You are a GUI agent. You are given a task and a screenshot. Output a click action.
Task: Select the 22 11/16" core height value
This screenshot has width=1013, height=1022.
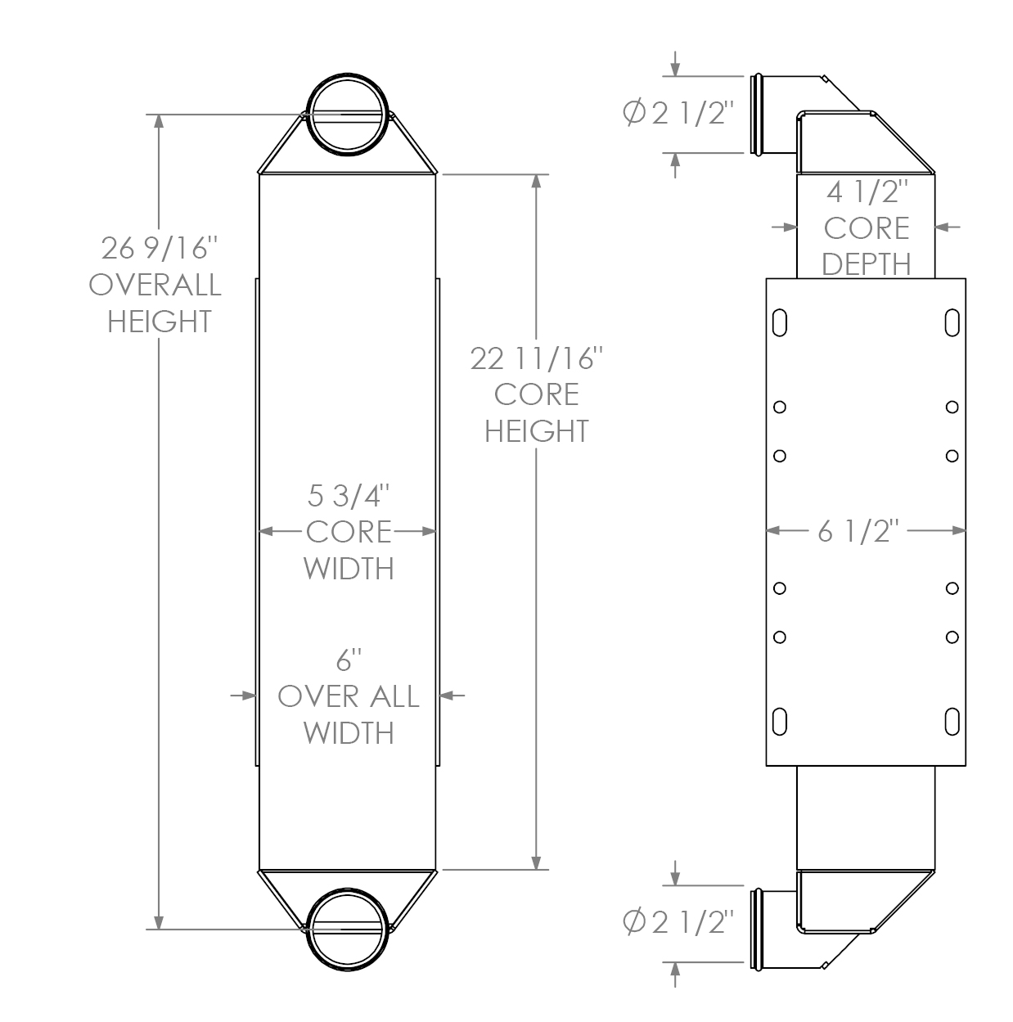click(x=537, y=358)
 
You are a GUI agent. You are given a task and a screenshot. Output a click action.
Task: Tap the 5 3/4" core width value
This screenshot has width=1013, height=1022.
click(x=348, y=496)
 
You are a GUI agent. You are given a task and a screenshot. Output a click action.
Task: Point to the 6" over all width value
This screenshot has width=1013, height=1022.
click(x=348, y=660)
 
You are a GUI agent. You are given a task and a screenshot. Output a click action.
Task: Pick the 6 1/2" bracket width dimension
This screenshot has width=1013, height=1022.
click(x=858, y=532)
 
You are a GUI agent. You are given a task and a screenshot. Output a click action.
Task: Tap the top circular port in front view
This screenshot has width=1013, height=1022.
click(x=347, y=115)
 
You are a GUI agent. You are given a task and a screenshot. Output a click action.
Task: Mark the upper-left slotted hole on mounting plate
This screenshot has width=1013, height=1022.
click(x=780, y=322)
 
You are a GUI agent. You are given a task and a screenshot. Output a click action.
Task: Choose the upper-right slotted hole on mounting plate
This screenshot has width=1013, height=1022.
click(x=952, y=322)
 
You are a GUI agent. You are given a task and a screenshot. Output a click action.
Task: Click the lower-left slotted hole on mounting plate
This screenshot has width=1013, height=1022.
click(x=780, y=721)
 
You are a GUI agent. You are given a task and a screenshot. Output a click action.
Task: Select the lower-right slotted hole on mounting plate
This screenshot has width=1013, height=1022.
click(x=952, y=721)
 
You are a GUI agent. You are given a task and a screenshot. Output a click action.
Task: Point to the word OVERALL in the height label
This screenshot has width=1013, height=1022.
click(x=155, y=285)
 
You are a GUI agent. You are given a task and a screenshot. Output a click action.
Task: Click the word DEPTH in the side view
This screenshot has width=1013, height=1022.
click(x=867, y=264)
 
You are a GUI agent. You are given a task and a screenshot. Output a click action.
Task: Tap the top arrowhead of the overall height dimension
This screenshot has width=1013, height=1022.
click(x=159, y=122)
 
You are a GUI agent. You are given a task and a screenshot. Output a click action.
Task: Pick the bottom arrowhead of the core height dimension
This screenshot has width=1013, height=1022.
click(x=537, y=862)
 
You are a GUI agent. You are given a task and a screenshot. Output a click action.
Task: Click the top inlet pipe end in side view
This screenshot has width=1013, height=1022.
click(x=758, y=114)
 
